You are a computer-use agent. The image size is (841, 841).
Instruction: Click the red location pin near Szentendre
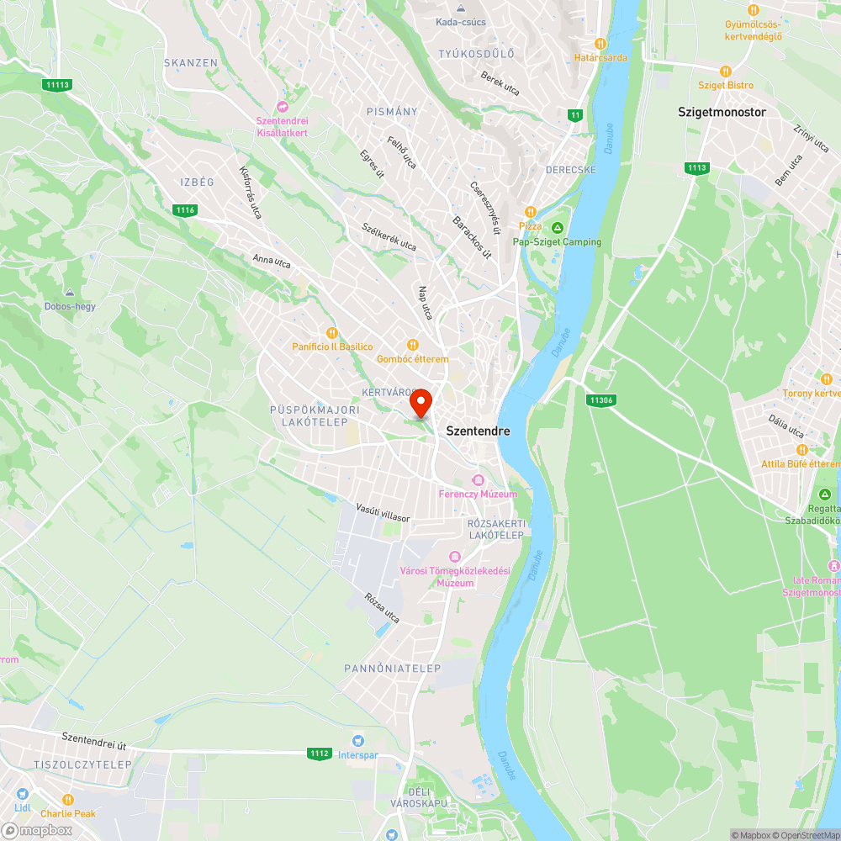420,403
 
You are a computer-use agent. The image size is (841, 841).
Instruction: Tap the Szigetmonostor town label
722,111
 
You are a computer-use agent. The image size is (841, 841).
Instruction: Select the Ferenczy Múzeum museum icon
478,480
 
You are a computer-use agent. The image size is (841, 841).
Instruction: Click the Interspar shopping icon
358,741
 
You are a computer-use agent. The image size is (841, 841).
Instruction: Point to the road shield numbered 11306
600,400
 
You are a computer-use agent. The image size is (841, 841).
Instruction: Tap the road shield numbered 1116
185,209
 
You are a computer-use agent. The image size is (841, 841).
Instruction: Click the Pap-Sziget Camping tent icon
557,228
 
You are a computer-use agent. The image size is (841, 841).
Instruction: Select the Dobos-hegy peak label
70,306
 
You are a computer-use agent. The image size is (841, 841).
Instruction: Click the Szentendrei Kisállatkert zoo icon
282,107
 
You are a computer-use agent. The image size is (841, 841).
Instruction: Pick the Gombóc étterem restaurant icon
412,345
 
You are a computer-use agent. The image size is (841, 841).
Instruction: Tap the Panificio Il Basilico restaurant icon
332,333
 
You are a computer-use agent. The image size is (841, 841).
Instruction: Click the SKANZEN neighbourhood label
191,63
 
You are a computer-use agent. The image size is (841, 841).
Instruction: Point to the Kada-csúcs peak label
461,22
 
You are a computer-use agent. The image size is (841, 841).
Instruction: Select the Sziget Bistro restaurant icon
726,71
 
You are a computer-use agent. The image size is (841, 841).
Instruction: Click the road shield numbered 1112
319,754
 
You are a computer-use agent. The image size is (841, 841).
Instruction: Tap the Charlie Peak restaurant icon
68,800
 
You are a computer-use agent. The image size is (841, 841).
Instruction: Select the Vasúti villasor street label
383,513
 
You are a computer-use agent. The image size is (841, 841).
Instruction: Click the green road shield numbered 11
575,115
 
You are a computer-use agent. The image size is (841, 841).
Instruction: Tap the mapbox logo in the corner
37,831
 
